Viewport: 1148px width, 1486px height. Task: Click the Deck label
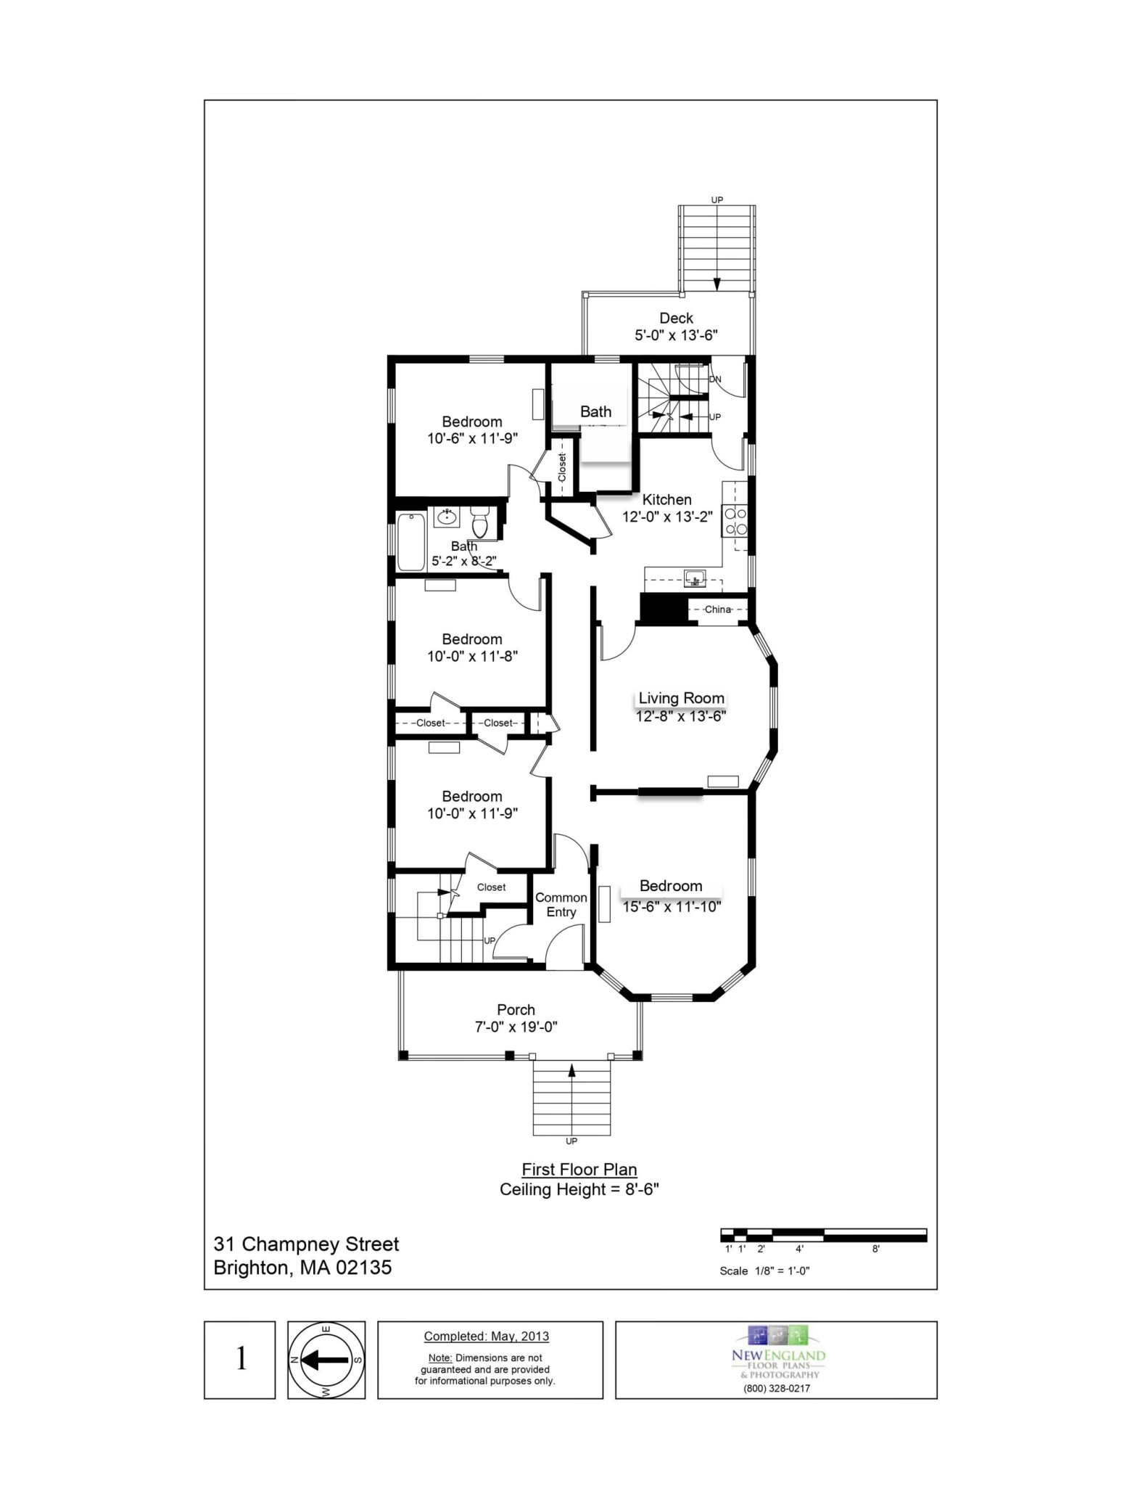pyautogui.click(x=676, y=318)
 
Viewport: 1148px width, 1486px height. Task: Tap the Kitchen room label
pyautogui.click(x=666, y=499)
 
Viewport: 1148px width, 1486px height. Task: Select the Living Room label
pyautogui.click(x=681, y=698)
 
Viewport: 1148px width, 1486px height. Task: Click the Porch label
pyautogui.click(x=516, y=1009)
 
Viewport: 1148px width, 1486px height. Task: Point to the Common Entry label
pyautogui.click(x=561, y=905)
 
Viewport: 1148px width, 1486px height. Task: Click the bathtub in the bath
pyautogui.click(x=411, y=541)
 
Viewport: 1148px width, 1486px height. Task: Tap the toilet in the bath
pyautogui.click(x=479, y=521)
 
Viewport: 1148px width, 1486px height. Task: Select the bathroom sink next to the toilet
pyautogui.click(x=446, y=517)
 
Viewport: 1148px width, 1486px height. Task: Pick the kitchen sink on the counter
pyautogui.click(x=695, y=578)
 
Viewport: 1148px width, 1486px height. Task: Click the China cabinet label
pyautogui.click(x=717, y=609)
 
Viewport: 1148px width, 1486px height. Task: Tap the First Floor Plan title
pyautogui.click(x=579, y=1170)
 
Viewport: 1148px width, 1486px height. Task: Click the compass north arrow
pyautogui.click(x=325, y=1360)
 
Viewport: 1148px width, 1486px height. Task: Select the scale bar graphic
pyautogui.click(x=823, y=1235)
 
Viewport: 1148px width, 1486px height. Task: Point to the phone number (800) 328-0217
pyautogui.click(x=777, y=1388)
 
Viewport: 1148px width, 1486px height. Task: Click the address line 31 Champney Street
pyautogui.click(x=306, y=1244)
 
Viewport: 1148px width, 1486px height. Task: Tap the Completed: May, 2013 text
pyautogui.click(x=486, y=1337)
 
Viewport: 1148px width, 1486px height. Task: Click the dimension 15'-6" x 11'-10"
pyautogui.click(x=672, y=906)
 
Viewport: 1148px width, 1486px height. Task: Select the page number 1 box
pyautogui.click(x=240, y=1360)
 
